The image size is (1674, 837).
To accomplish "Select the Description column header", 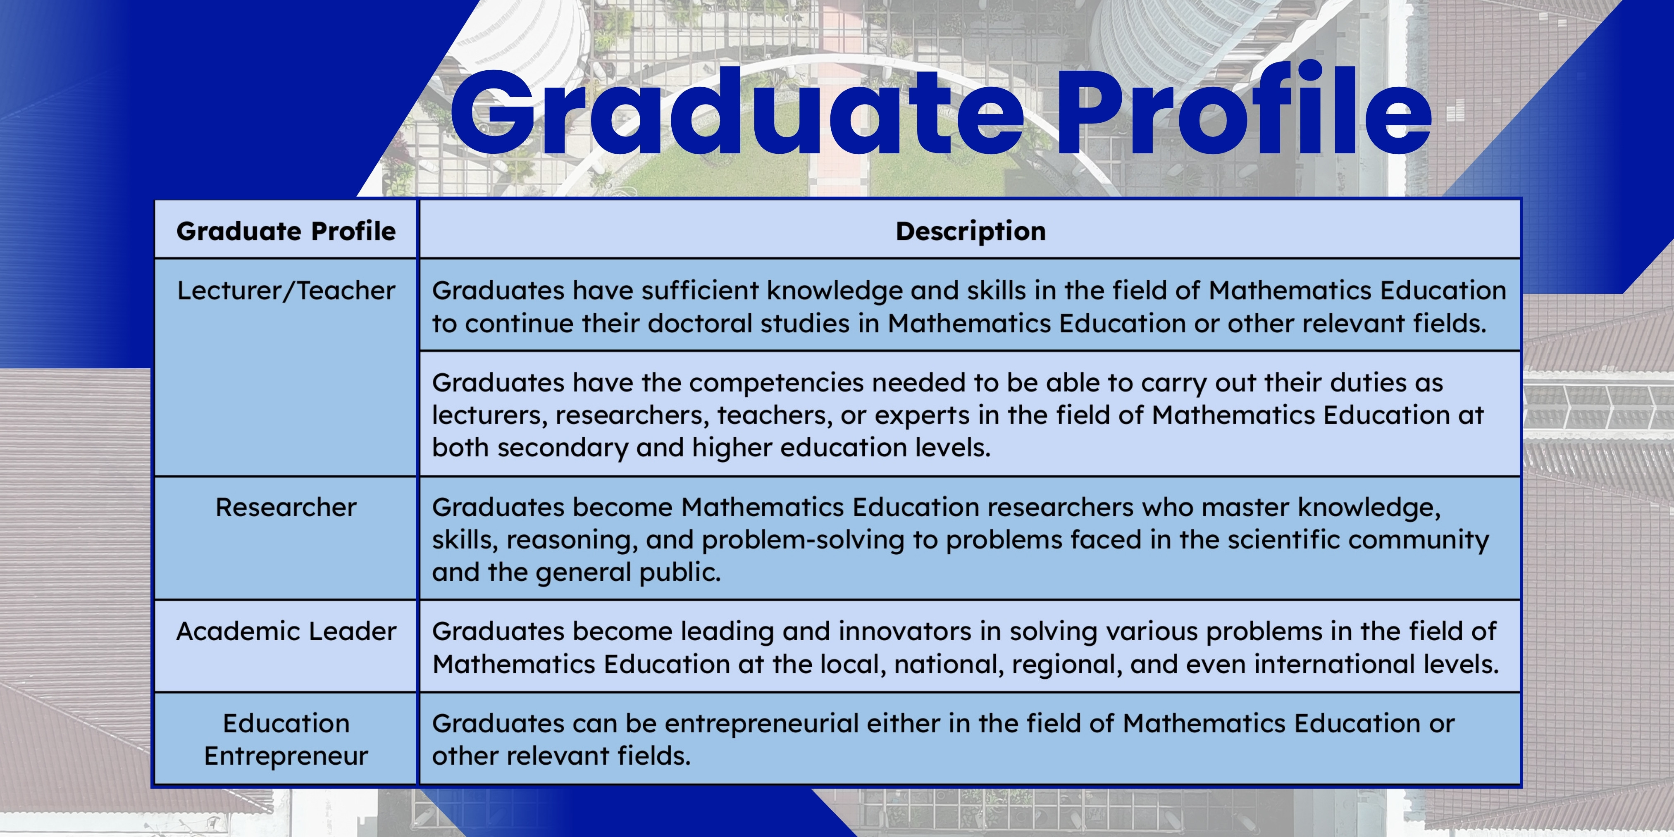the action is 971,231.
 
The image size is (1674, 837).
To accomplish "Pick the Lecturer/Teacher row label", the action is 286,291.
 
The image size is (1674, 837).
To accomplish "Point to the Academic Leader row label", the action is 286,631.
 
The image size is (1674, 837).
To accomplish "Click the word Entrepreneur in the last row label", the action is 286,756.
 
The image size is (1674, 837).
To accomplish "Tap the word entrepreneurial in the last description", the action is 758,723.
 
